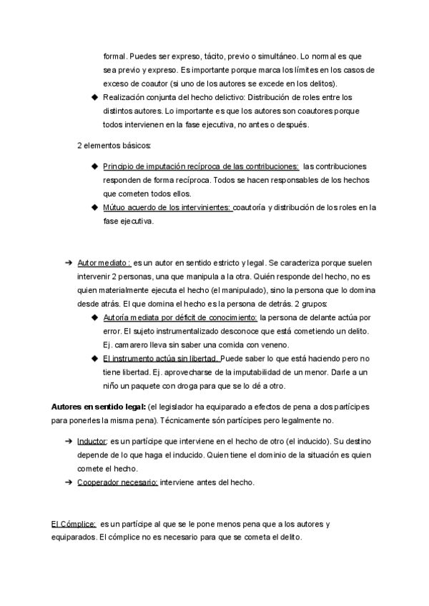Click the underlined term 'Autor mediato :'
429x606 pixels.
[104, 263]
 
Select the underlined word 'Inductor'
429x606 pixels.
[92, 442]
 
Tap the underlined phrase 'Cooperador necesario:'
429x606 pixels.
[117, 482]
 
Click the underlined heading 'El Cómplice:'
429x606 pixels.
[74, 524]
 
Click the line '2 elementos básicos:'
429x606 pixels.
[109, 146]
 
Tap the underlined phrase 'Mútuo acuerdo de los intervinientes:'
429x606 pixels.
[167, 207]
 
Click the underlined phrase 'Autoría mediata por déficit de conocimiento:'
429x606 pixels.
[180, 317]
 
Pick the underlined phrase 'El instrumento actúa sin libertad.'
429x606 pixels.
[162, 358]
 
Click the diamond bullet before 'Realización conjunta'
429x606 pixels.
[95, 96]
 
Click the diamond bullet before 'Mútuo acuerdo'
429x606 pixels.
[95, 207]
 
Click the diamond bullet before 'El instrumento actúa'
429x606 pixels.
[95, 358]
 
